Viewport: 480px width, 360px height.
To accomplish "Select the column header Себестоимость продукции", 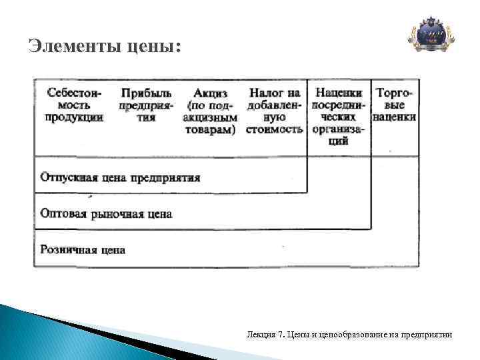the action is [x=74, y=105].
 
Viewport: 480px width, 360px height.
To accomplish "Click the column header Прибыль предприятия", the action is [x=146, y=105].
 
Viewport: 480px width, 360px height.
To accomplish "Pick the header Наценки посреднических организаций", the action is [x=339, y=117].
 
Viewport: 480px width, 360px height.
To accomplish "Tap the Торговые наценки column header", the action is [x=395, y=105].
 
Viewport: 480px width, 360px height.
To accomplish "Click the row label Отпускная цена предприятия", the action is [x=120, y=178].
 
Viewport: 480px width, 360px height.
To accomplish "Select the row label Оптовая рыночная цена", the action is [x=106, y=214].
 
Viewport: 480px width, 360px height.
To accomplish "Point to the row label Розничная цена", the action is [x=83, y=250].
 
